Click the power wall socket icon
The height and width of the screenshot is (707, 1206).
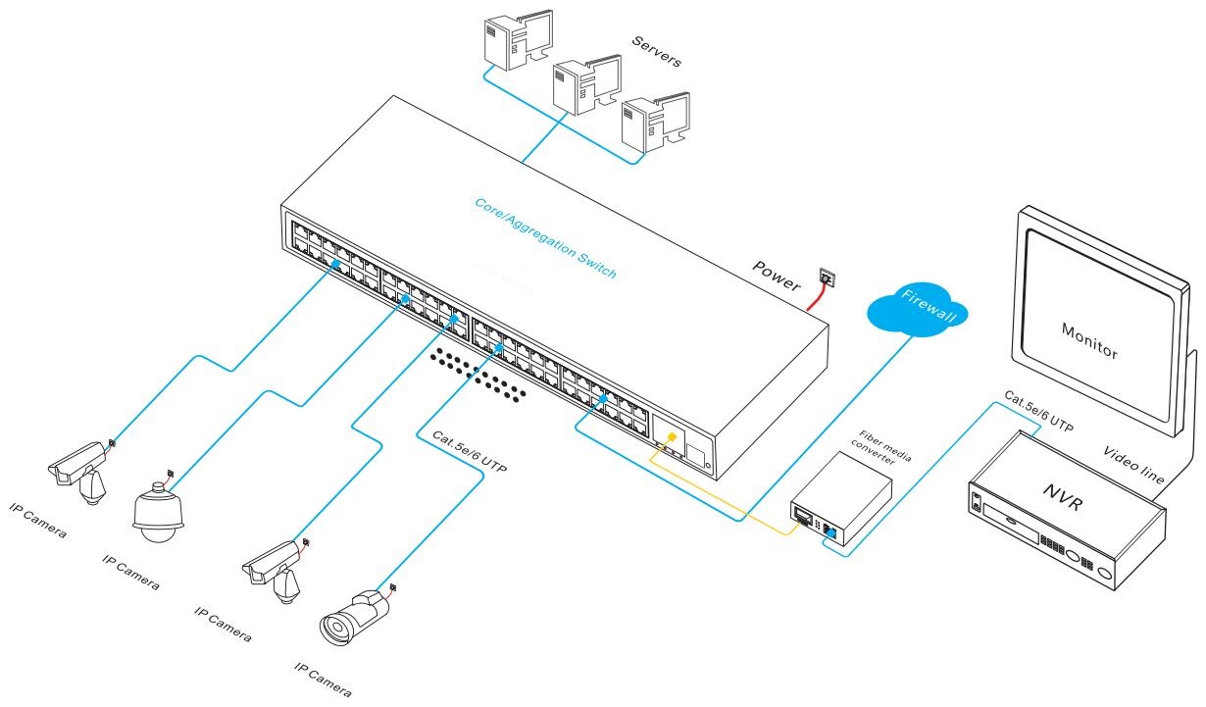coord(825,279)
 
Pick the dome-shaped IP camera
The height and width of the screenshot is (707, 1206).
coord(158,516)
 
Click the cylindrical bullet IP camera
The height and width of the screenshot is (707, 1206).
coord(353,615)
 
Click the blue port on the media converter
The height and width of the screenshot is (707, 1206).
coord(830,533)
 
